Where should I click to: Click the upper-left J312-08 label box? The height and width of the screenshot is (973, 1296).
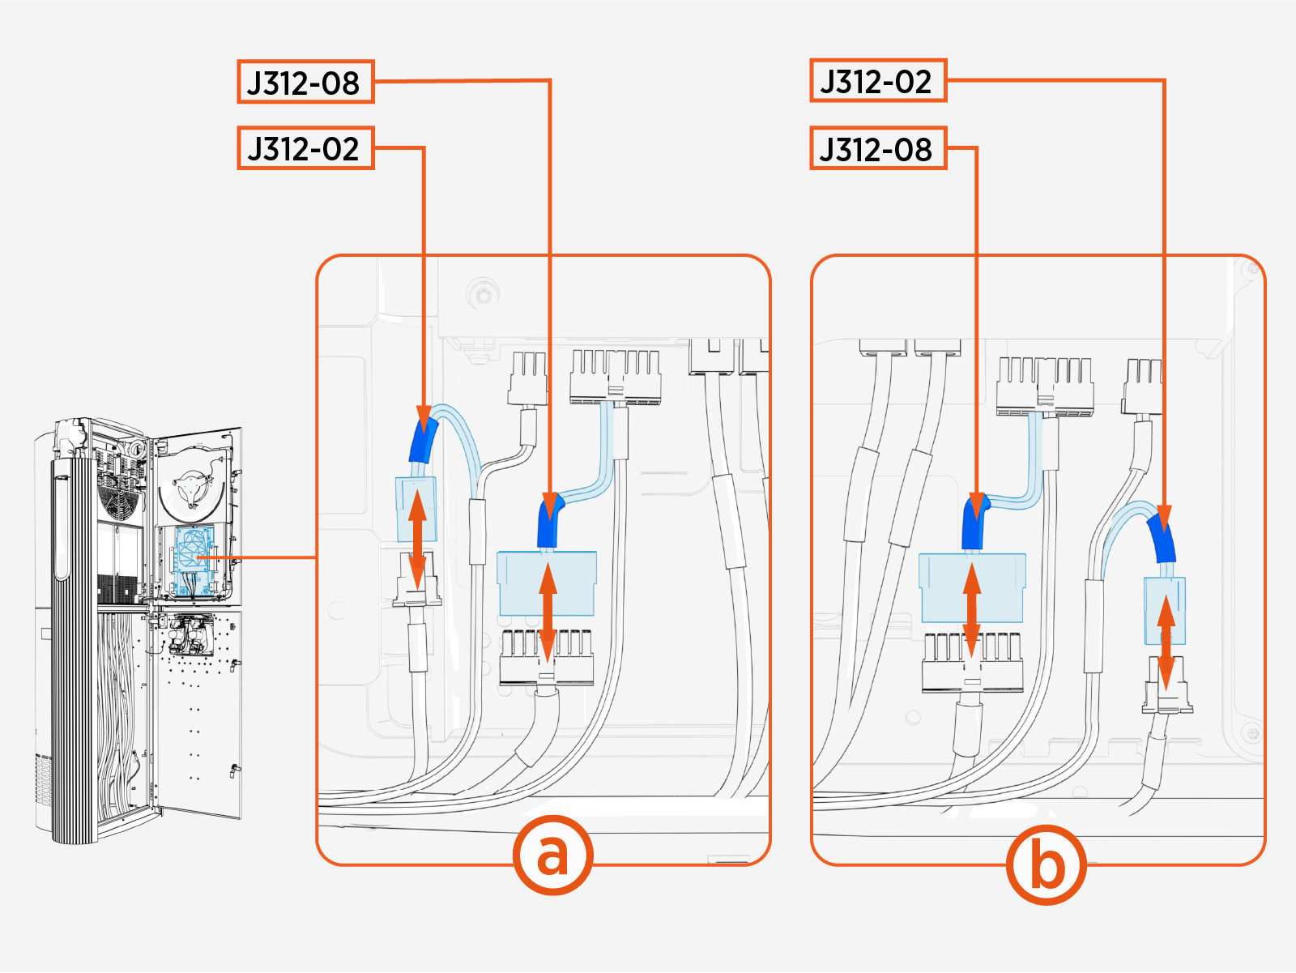click(305, 82)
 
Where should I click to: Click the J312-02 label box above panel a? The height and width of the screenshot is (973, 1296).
click(305, 148)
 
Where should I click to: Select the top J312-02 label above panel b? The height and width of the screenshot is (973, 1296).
click(878, 80)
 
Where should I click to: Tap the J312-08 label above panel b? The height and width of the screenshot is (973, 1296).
click(878, 148)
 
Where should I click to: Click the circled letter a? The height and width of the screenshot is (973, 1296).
click(552, 855)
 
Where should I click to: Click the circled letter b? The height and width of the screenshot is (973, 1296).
click(1046, 864)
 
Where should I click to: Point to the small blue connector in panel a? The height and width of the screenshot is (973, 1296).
click(416, 509)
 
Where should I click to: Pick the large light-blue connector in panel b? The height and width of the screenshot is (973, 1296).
click(972, 587)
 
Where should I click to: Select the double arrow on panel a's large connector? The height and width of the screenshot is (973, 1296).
click(548, 612)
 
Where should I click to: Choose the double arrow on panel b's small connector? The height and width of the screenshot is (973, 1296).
click(1166, 642)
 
